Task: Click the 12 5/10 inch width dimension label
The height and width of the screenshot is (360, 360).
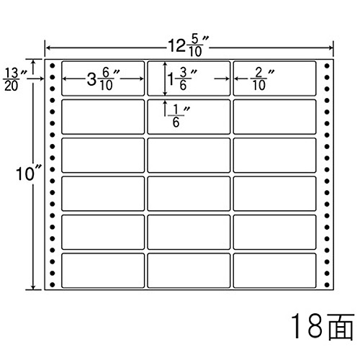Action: pyautogui.click(x=189, y=46)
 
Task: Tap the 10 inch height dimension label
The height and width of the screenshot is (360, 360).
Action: pyautogui.click(x=28, y=173)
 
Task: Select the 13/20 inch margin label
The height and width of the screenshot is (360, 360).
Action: pyautogui.click(x=15, y=79)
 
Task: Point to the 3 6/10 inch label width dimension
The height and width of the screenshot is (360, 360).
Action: pyautogui.click(x=103, y=79)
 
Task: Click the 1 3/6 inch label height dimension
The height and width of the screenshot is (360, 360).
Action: pyautogui.click(x=182, y=79)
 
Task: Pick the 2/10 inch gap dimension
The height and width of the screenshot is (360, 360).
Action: pyautogui.click(x=262, y=79)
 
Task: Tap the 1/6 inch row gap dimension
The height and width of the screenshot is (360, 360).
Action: pyautogui.click(x=179, y=116)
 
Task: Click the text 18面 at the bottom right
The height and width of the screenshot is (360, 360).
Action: pyautogui.click(x=323, y=326)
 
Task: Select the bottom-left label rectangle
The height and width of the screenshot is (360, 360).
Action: pyautogui.click(x=103, y=271)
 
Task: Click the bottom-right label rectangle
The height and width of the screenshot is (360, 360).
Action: pyautogui.click(x=274, y=271)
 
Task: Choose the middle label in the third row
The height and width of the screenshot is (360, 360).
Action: pyautogui.click(x=189, y=156)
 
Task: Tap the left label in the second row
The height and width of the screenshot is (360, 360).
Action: pyautogui.click(x=103, y=117)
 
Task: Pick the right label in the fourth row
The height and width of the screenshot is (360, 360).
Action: pyautogui.click(x=274, y=194)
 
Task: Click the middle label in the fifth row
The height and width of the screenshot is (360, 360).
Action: pyautogui.click(x=189, y=232)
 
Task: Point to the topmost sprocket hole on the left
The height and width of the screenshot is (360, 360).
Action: pyautogui.click(x=53, y=66)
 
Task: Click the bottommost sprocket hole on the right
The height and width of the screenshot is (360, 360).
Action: pyautogui.click(x=327, y=285)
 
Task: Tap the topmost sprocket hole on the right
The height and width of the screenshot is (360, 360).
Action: pyautogui.click(x=327, y=66)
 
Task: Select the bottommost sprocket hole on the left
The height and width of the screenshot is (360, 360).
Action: pyautogui.click(x=53, y=285)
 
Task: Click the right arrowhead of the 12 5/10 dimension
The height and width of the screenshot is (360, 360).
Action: pyautogui.click(x=330, y=48)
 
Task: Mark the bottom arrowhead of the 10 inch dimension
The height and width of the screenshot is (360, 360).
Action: pyautogui.click(x=33, y=287)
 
